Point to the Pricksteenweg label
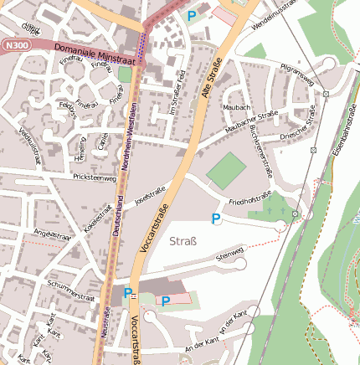[95, 177]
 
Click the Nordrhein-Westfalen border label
[131, 134]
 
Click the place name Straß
[183, 242]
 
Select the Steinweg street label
[229, 254]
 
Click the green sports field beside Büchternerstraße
[227, 170]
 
